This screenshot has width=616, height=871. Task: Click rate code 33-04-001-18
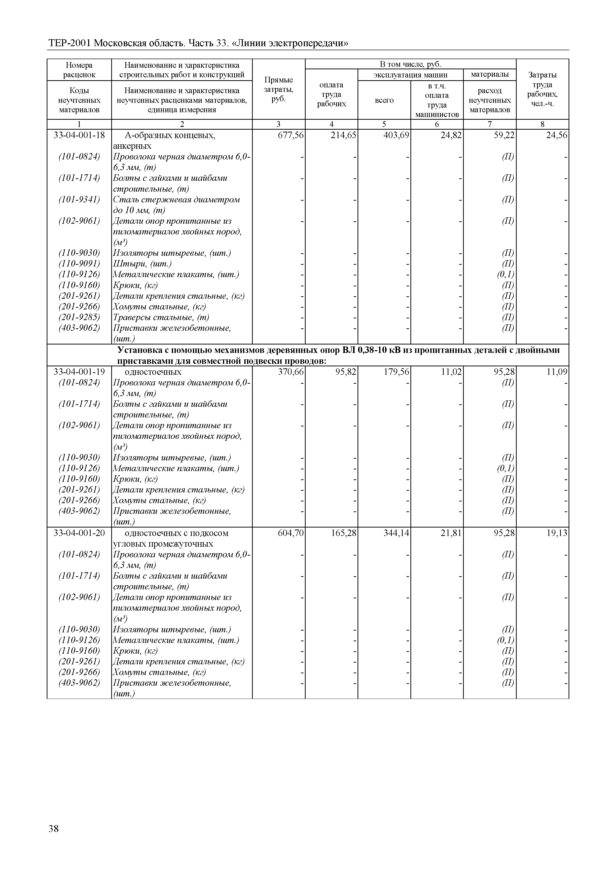click(x=79, y=135)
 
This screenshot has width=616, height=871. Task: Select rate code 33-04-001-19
click(x=79, y=372)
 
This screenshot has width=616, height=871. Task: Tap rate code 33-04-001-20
click(x=79, y=533)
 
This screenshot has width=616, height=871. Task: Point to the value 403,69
click(x=396, y=135)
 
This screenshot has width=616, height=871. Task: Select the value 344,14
click(x=396, y=533)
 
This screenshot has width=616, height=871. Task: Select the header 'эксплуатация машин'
click(x=410, y=75)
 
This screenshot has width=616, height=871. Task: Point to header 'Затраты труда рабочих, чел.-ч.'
click(x=543, y=89)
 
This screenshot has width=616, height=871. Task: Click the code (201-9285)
click(x=79, y=317)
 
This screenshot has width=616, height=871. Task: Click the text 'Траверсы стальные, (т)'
click(x=161, y=317)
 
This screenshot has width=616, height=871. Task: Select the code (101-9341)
click(x=79, y=199)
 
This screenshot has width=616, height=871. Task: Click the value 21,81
click(x=451, y=533)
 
